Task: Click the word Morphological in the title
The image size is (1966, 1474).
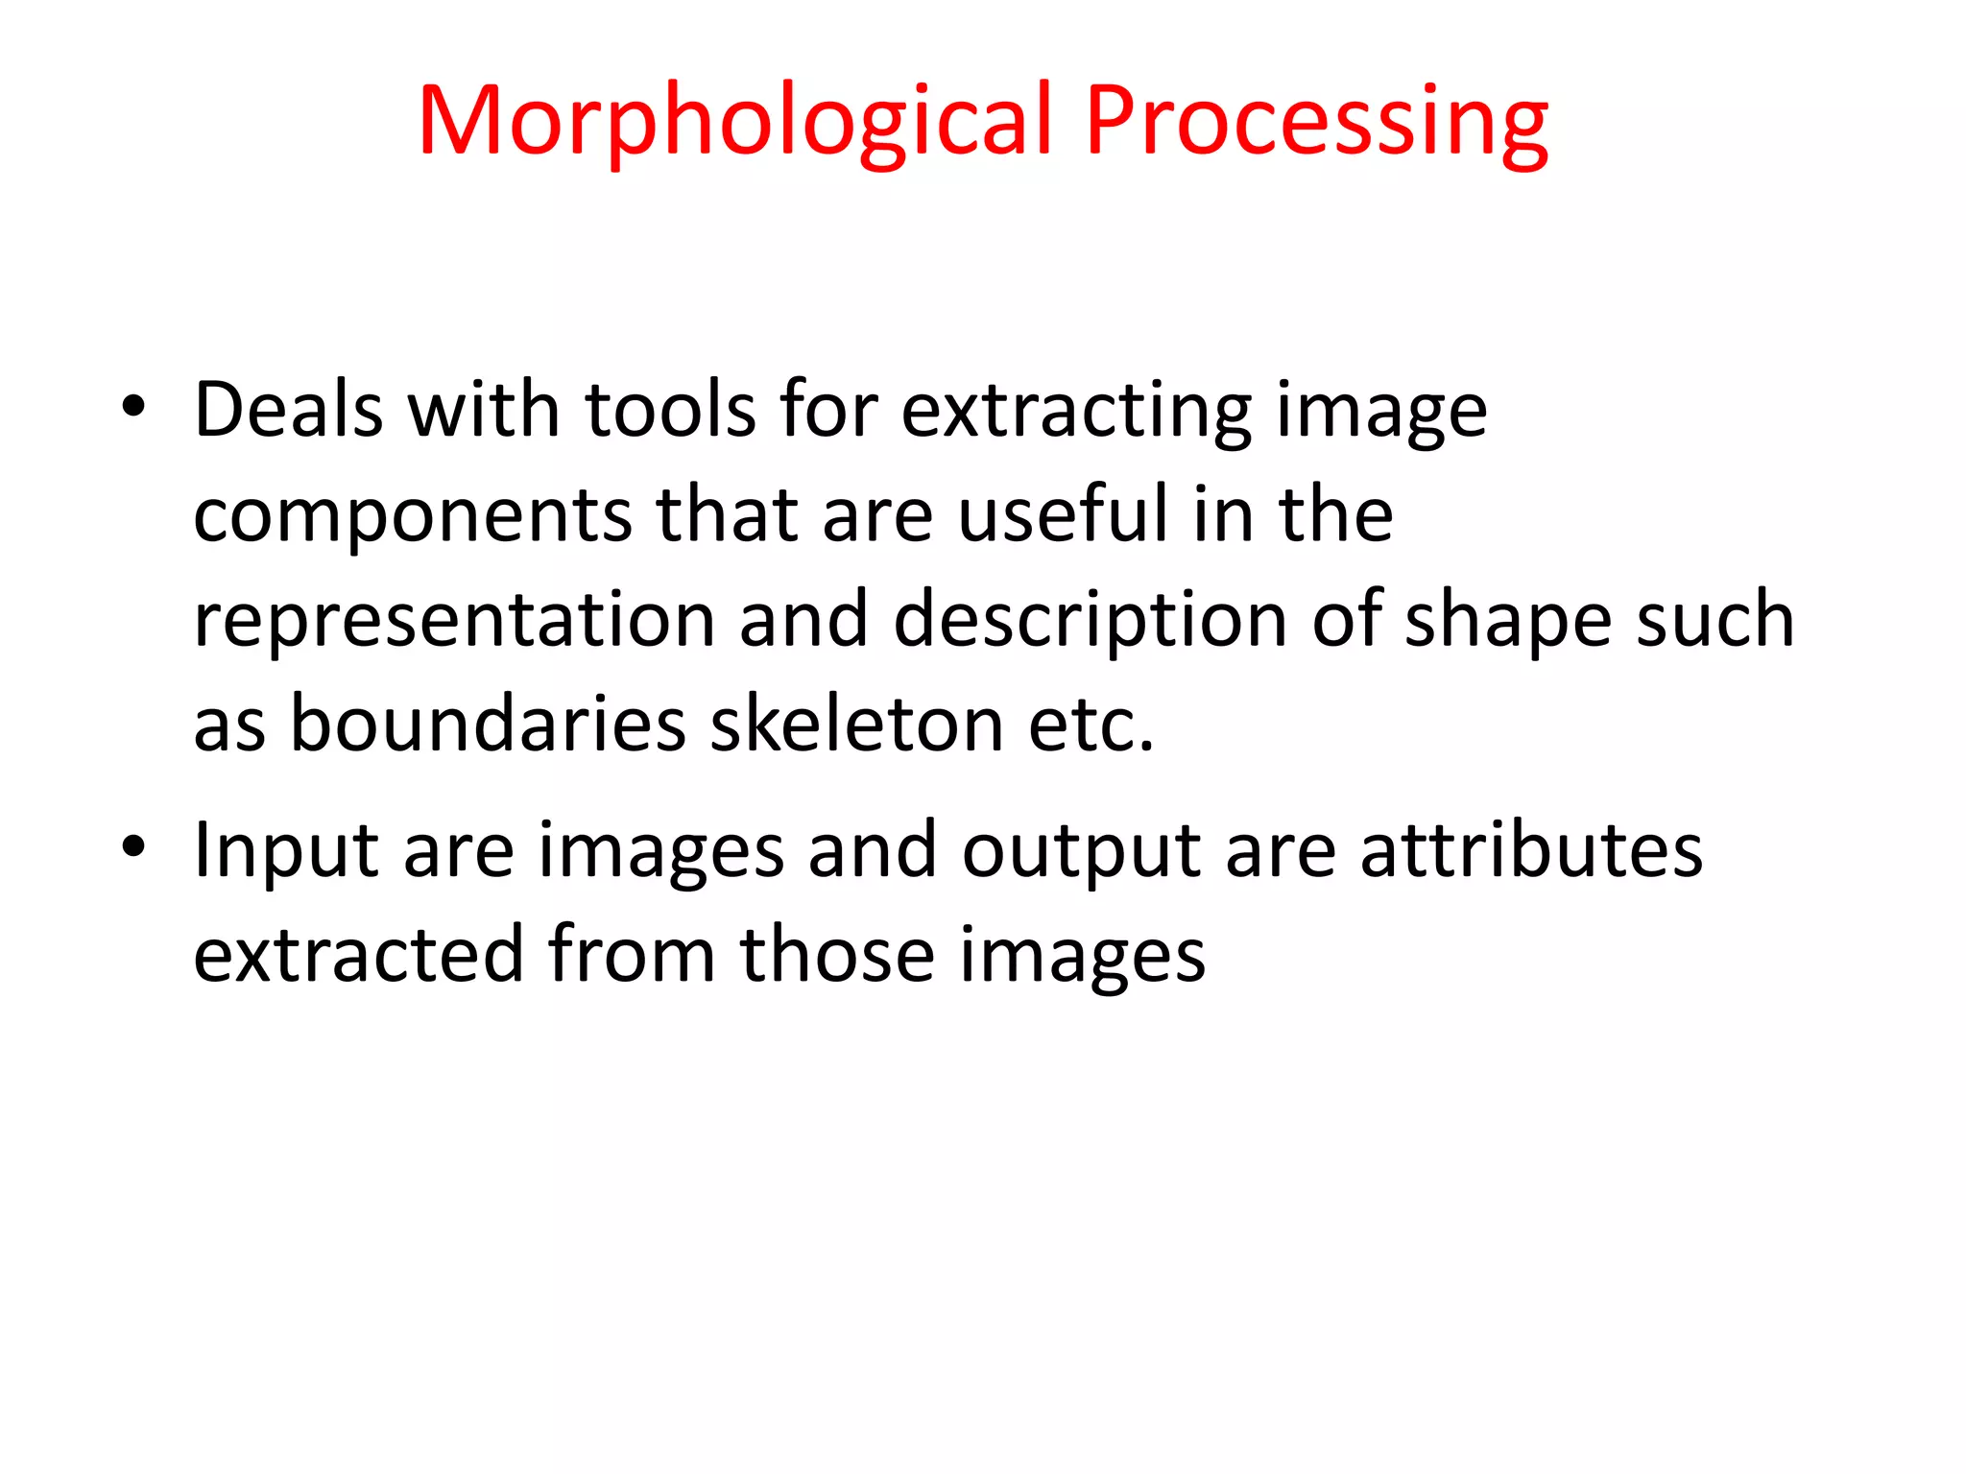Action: (735, 121)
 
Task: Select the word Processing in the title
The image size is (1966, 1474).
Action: (1316, 121)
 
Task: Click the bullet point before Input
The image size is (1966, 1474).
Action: (133, 846)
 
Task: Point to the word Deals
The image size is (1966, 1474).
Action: (289, 410)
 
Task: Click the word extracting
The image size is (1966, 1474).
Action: (1076, 412)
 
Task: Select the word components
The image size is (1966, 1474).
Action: (412, 516)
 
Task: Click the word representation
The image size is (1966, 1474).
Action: (454, 621)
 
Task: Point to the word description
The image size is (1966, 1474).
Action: (1090, 621)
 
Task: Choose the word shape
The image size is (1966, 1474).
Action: (1508, 621)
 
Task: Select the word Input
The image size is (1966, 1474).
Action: (286, 851)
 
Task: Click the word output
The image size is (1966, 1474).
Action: (1081, 851)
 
